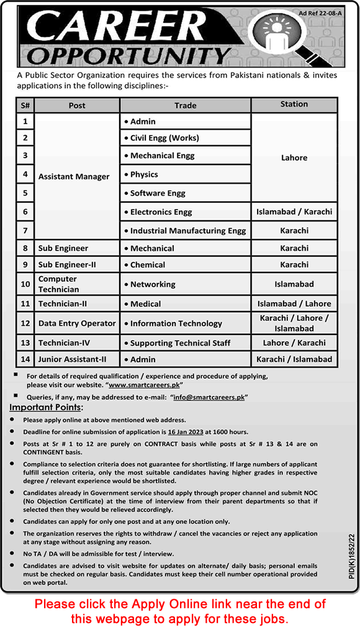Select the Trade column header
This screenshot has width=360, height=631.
point(185,105)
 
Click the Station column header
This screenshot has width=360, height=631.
point(294,104)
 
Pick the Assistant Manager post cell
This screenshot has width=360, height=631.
point(74,176)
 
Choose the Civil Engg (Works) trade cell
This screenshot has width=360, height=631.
point(164,138)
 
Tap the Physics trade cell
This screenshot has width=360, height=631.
point(144,174)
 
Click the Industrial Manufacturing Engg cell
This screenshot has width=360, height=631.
point(187,230)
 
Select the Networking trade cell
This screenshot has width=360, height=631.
point(153,284)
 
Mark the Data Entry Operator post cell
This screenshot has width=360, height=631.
point(77,323)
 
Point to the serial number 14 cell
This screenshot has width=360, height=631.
point(25,359)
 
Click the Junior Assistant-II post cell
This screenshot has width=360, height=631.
point(73,359)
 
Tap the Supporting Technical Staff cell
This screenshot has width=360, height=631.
point(180,342)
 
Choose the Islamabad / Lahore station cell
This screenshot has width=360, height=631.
point(294,303)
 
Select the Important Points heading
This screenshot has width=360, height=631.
point(45,408)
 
